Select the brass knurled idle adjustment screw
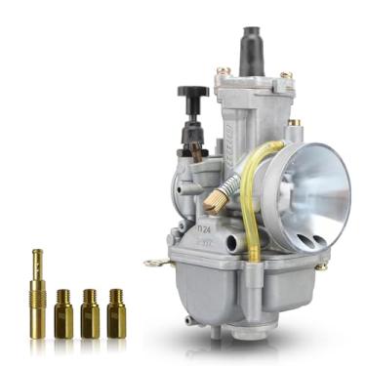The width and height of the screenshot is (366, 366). pos(214,201)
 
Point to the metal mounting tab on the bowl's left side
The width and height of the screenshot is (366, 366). pos(153,263)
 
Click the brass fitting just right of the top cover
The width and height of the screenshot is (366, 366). pos(295,124)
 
